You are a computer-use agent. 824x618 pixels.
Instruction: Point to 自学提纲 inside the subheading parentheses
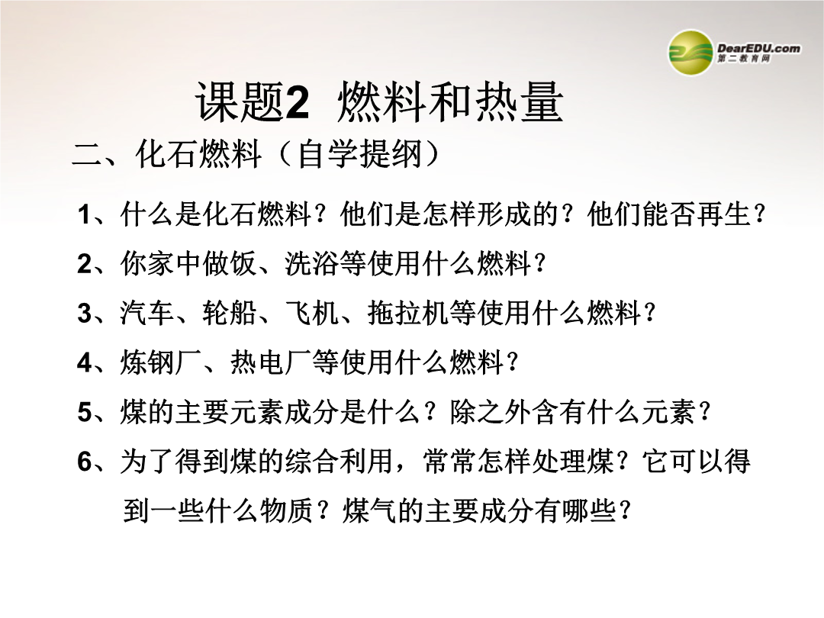(x=360, y=154)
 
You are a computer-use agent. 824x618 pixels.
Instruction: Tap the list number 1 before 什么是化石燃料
(x=85, y=215)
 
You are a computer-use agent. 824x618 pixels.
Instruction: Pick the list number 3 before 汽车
(x=85, y=314)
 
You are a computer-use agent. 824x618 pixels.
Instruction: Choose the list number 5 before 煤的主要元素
(x=85, y=412)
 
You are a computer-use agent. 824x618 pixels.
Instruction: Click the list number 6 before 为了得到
(x=85, y=462)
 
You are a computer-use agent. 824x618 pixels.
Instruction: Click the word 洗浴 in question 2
(x=312, y=263)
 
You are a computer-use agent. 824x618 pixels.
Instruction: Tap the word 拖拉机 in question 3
(x=408, y=314)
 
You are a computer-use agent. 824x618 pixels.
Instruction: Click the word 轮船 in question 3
(x=230, y=314)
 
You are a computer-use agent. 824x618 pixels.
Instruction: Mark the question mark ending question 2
(x=539, y=264)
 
